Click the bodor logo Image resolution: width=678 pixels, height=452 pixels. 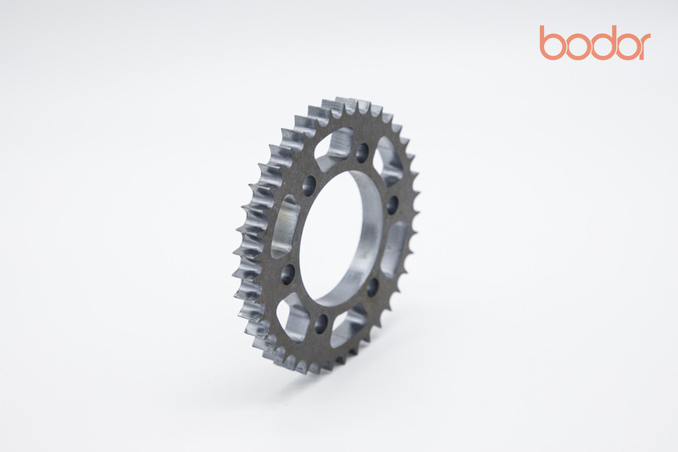pos(595,42)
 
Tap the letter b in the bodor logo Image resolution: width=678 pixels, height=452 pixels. pos(552,42)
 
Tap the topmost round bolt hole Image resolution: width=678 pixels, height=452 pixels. pos(363,153)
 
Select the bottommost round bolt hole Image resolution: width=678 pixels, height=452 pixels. pos(321,323)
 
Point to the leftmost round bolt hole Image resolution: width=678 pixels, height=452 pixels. pos(288,274)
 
